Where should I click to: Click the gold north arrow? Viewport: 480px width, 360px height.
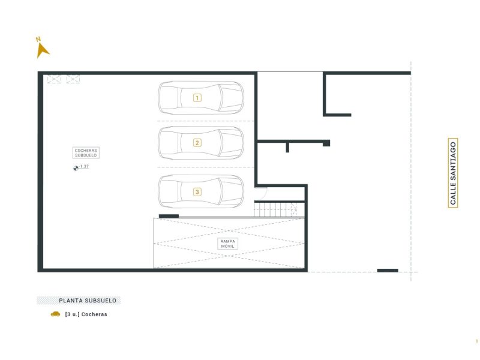point(41,51)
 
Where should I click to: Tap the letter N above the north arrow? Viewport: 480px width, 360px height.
point(38,39)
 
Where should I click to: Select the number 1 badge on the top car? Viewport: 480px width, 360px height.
point(197,98)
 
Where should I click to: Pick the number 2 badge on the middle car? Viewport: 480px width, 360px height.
point(197,143)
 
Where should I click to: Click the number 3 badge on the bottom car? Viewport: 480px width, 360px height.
point(197,192)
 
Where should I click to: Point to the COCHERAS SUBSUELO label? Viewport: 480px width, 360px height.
point(86,153)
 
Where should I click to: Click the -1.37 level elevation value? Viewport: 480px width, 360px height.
point(83,167)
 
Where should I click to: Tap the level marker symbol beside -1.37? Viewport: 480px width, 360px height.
point(76,168)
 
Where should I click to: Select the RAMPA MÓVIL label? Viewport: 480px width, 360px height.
point(227,244)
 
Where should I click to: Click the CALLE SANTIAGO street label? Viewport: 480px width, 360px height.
point(453,173)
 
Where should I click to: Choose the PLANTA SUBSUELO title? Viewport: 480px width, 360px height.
point(88,301)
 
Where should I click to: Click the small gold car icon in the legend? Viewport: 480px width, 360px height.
point(55,314)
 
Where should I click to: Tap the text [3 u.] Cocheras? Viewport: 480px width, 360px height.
point(86,314)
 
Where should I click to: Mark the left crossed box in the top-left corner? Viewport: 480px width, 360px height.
point(54,79)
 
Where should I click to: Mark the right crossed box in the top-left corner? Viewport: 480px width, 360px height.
point(73,79)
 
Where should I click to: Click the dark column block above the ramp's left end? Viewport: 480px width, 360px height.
point(169,216)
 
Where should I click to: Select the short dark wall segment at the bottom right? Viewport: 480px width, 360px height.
point(388,271)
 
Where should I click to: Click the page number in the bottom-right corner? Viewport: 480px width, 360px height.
point(476,341)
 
